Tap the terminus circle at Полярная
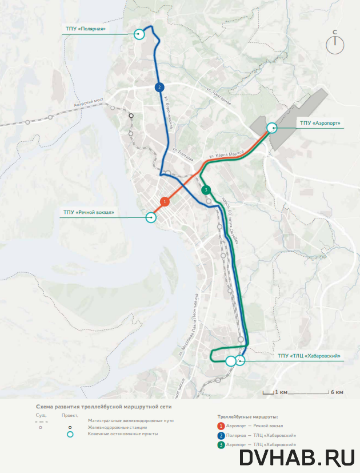pos(139,34)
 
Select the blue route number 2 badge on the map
pos(159,87)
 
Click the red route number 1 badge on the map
pos(165,201)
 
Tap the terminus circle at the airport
pos(271,128)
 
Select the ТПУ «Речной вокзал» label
pos(89,213)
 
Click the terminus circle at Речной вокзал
pos(151,217)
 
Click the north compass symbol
pos(336,43)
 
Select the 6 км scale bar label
pos(337,392)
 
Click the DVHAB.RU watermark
pos(298,458)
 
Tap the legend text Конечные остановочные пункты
pos(123,434)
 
